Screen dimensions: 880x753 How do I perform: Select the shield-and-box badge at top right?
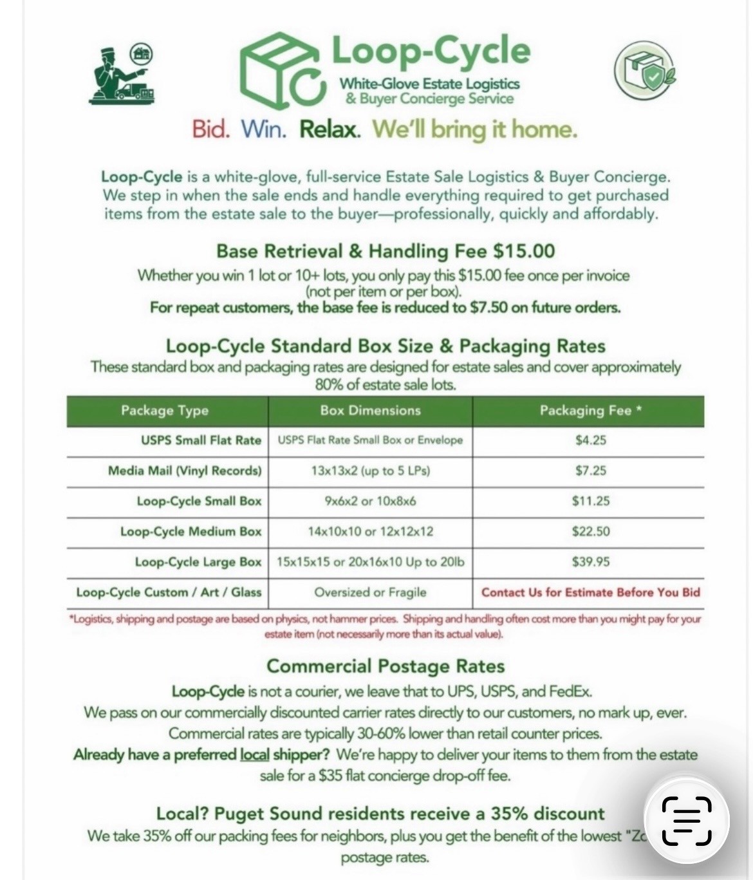click(x=645, y=70)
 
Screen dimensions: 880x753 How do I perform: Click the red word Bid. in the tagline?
click(x=210, y=129)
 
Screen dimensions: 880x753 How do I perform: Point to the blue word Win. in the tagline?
click(x=263, y=129)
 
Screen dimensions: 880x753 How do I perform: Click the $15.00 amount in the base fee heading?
click(x=524, y=251)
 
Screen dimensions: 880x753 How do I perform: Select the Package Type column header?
click(x=165, y=411)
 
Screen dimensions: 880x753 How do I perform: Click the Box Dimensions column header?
click(x=370, y=411)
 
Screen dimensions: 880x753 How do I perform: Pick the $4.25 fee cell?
click(x=590, y=440)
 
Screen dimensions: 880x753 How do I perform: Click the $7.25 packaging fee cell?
click(x=590, y=471)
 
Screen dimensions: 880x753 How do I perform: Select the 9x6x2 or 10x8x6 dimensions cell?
click(x=370, y=501)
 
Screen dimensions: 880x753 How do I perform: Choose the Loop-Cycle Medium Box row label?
click(x=191, y=532)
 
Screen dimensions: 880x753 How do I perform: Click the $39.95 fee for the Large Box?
click(x=590, y=562)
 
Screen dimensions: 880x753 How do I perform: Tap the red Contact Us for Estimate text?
click(x=590, y=592)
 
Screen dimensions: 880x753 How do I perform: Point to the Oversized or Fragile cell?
click(x=370, y=592)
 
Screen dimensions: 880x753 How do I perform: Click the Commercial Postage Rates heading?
click(x=385, y=666)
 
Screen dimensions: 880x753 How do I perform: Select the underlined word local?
click(x=254, y=754)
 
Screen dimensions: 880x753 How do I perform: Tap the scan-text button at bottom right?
click(x=687, y=821)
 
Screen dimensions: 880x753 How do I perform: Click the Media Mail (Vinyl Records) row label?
click(x=185, y=471)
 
